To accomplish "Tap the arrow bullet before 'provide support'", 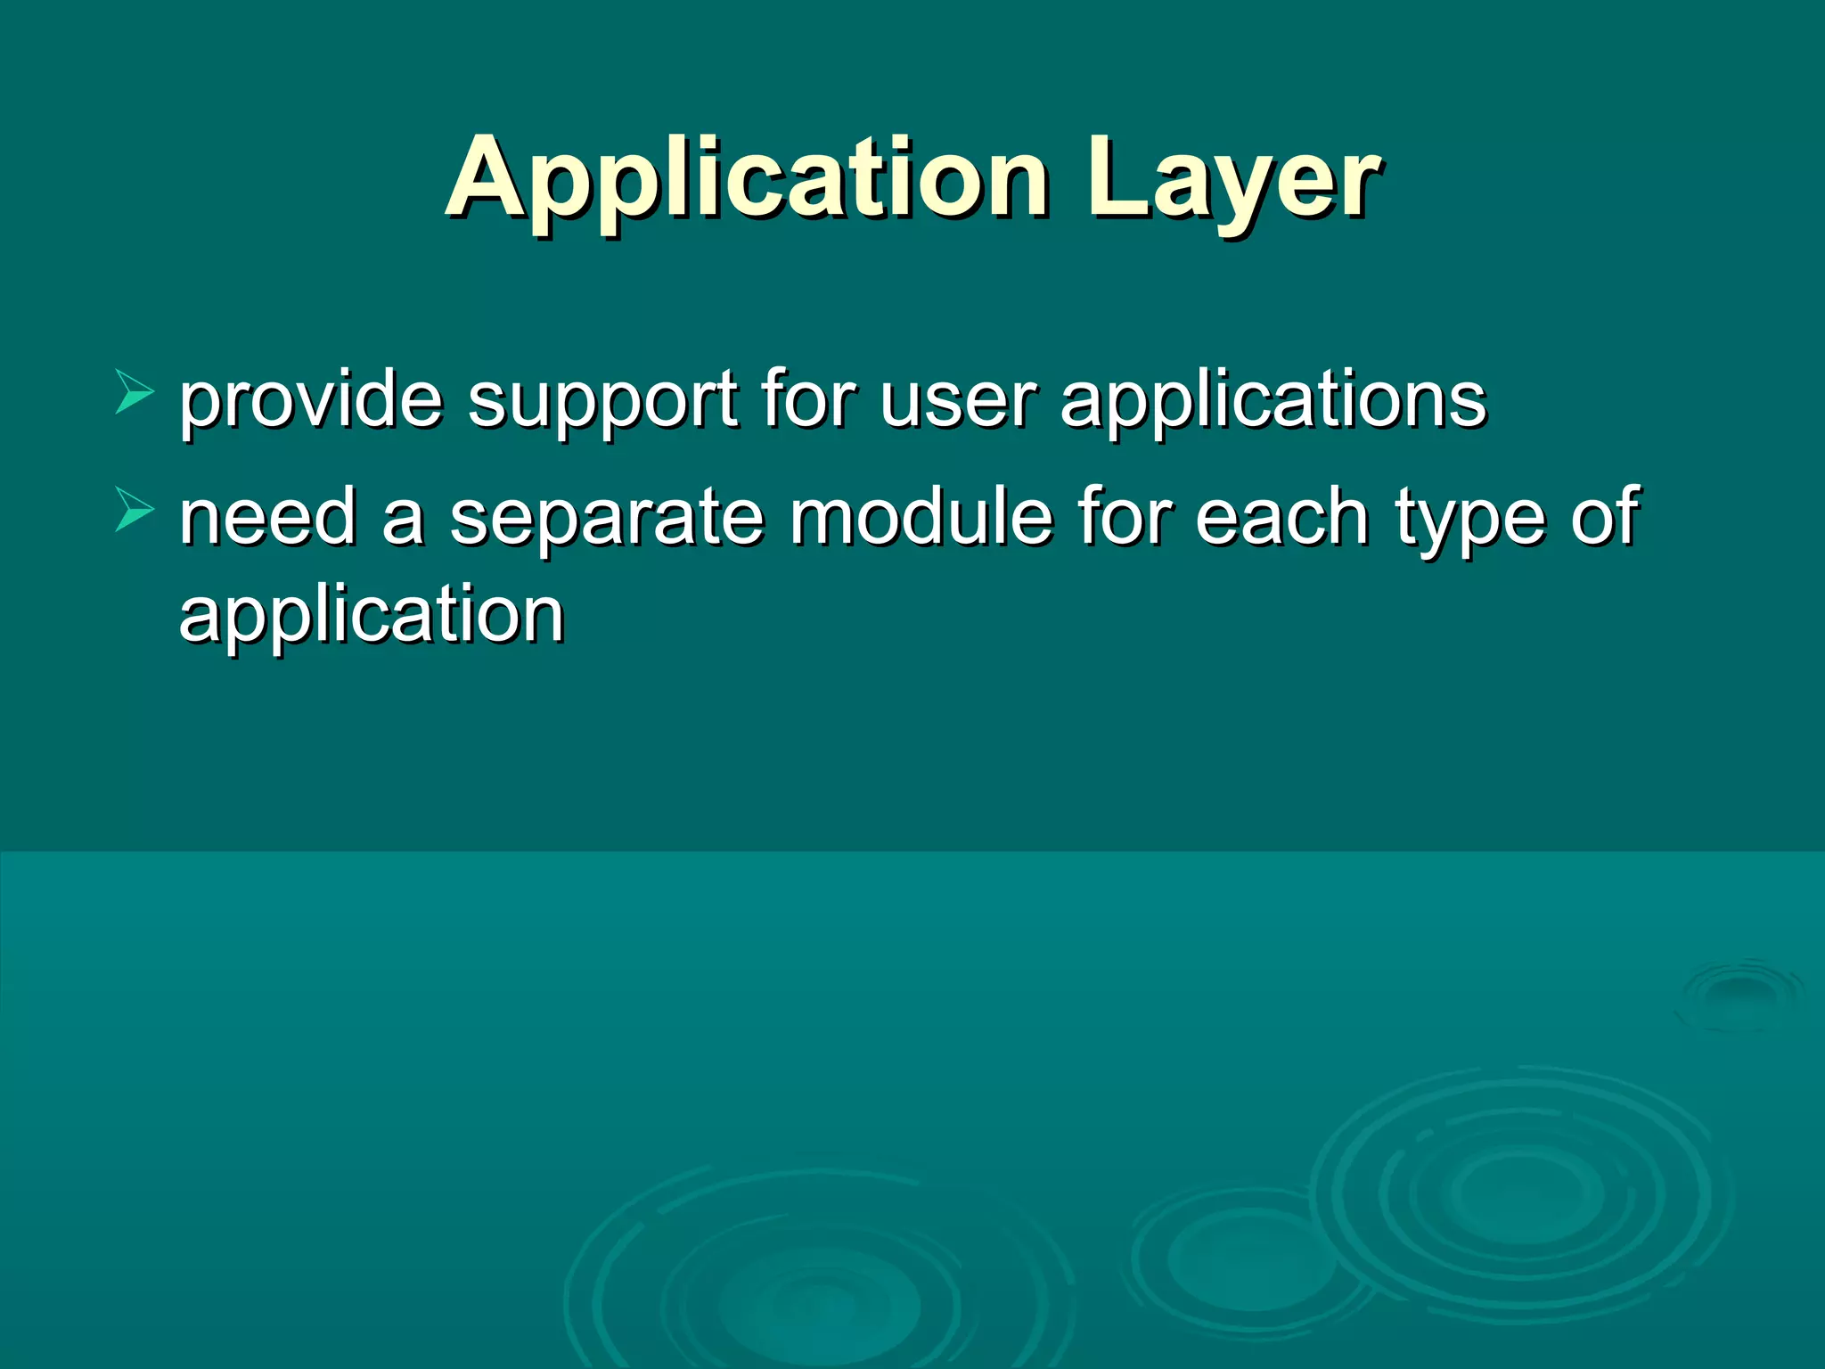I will click(135, 393).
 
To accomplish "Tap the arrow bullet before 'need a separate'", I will click(135, 512).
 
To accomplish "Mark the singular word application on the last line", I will click(372, 617).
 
